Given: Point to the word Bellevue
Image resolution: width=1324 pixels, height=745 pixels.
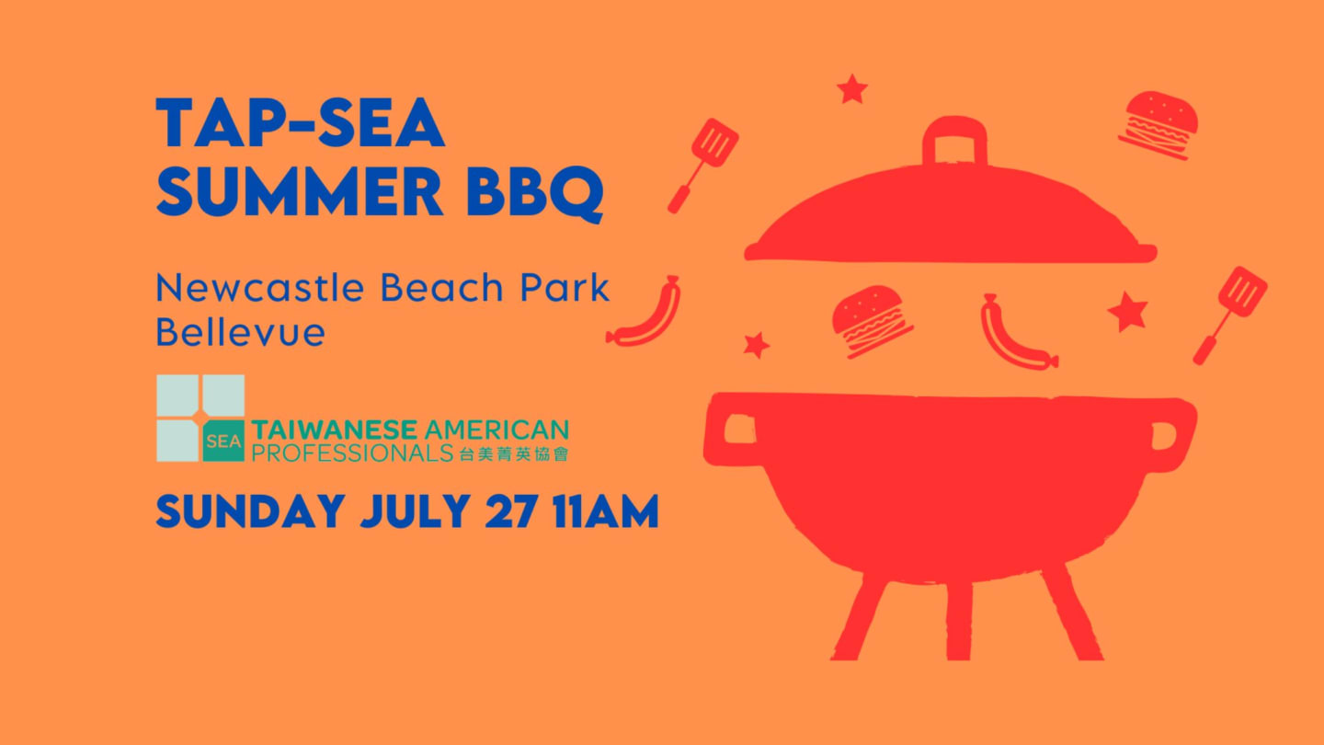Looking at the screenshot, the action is tap(241, 331).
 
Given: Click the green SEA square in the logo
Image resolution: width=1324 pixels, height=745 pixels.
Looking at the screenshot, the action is tap(223, 441).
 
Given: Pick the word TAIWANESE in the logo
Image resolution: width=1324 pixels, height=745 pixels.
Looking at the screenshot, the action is tap(335, 430).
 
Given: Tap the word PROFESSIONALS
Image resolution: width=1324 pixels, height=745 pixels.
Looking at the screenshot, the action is tap(352, 453).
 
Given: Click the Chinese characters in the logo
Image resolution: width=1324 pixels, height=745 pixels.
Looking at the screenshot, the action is tap(514, 453).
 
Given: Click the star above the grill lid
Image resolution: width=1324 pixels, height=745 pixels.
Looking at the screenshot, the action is tap(852, 89).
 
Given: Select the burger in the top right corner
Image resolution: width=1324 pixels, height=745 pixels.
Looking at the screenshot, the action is tap(1158, 125).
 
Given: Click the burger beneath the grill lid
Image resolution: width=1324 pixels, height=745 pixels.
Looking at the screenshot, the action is tap(872, 321).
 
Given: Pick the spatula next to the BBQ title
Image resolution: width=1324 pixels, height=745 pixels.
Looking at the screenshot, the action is tap(703, 165).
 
